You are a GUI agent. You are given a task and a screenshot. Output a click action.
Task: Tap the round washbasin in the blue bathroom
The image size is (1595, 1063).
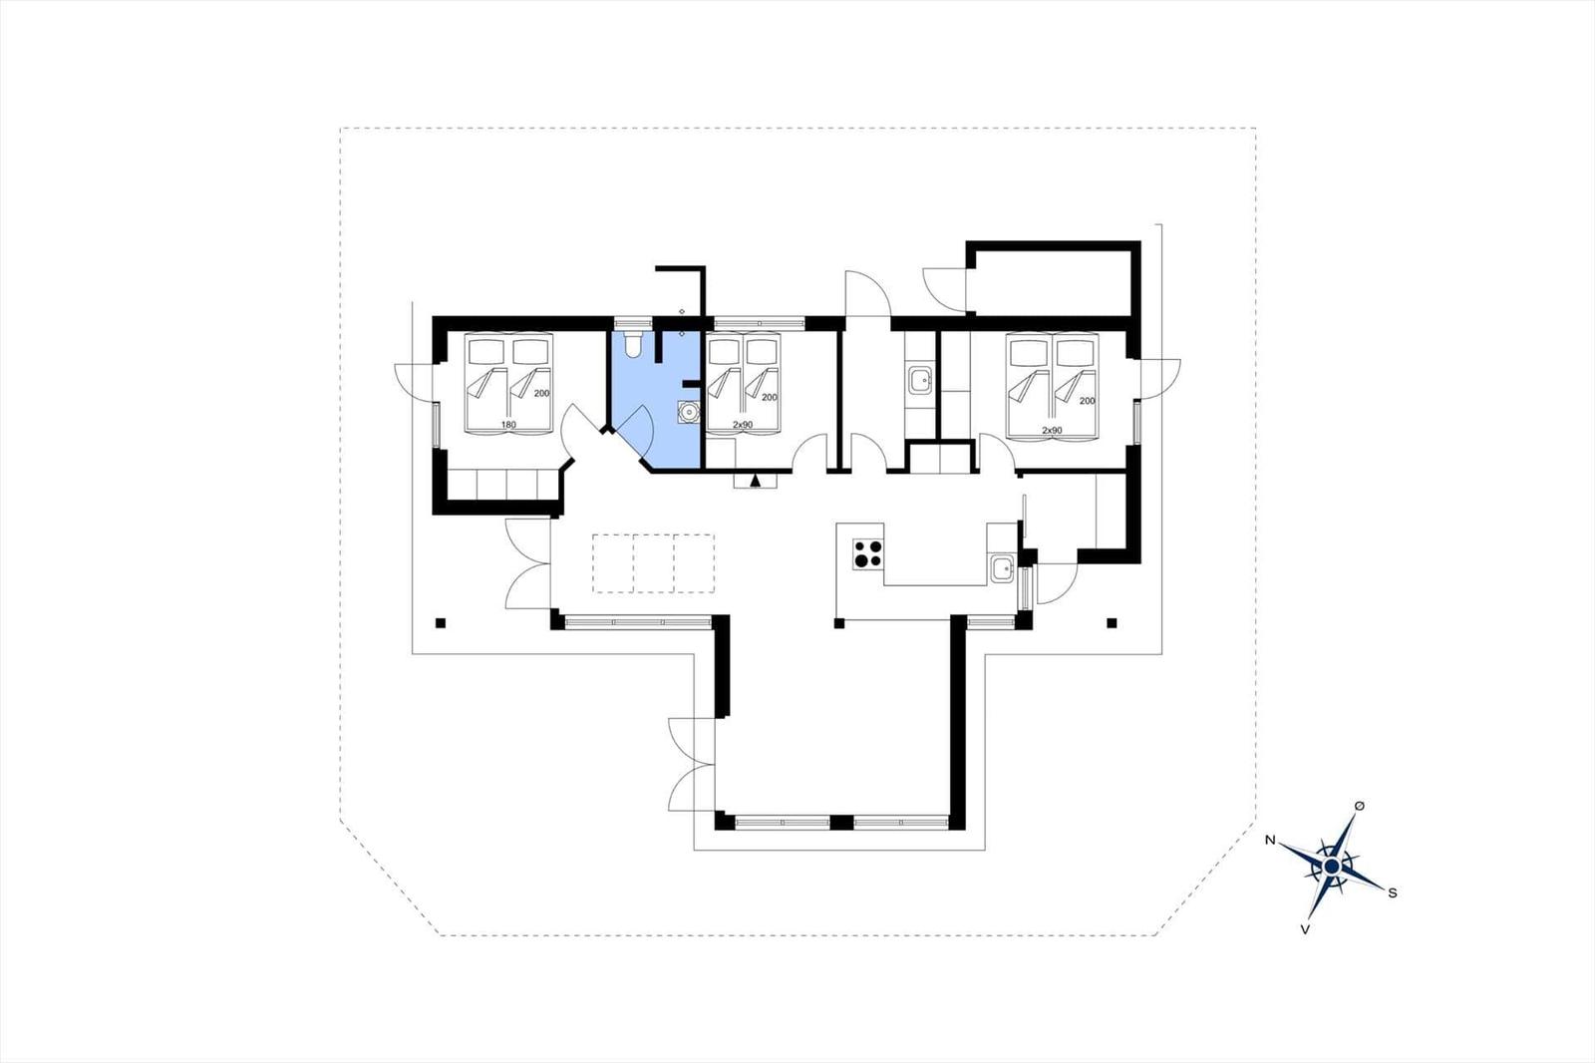688,412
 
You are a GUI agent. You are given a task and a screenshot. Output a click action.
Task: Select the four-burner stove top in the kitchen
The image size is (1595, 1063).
868,553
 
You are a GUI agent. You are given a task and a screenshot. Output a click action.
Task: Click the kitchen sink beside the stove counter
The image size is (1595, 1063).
1002,568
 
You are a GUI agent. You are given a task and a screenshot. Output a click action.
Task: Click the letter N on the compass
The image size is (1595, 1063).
1269,840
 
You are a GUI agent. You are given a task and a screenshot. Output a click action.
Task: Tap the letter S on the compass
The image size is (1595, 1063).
1393,892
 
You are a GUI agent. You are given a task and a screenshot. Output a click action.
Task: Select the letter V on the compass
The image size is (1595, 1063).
1305,929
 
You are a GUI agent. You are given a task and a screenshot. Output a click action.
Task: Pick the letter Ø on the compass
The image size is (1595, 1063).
1360,805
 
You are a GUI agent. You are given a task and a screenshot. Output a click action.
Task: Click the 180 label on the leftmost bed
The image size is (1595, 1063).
507,425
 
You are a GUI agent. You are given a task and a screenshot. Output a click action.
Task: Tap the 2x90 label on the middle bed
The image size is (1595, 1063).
743,425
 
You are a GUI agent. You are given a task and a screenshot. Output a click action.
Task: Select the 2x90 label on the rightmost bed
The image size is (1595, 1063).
1052,431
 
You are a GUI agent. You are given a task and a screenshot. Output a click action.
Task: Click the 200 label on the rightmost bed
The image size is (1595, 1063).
1087,401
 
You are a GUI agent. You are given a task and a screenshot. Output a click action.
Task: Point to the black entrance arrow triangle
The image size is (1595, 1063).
756,483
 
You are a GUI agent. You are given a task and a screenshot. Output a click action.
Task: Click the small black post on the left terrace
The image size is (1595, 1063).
440,623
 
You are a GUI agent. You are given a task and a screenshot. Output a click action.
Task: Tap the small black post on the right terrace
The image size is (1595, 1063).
1112,623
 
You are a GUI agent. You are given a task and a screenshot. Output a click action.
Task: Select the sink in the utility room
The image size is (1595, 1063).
921,380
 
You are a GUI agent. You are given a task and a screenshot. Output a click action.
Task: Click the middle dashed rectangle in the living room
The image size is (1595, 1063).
654,563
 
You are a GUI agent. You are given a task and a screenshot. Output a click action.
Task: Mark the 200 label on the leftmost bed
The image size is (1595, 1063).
541,393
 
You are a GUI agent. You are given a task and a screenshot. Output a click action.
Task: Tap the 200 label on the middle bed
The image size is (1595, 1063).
769,398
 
